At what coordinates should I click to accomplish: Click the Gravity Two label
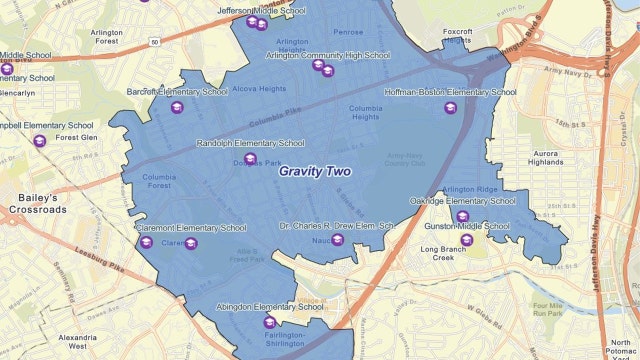coord(315,171)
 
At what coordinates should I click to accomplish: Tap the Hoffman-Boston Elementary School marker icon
coord(449,108)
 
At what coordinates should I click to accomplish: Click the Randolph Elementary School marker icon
coord(250,158)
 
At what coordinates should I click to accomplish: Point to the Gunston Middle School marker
coord(467,240)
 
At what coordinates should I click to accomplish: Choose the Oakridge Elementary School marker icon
coord(462,216)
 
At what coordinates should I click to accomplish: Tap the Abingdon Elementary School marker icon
coord(268,322)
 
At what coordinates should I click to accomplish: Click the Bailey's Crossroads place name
coord(35,204)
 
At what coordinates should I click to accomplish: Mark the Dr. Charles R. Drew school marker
coord(337,240)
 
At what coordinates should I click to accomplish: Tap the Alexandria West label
coord(78,343)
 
